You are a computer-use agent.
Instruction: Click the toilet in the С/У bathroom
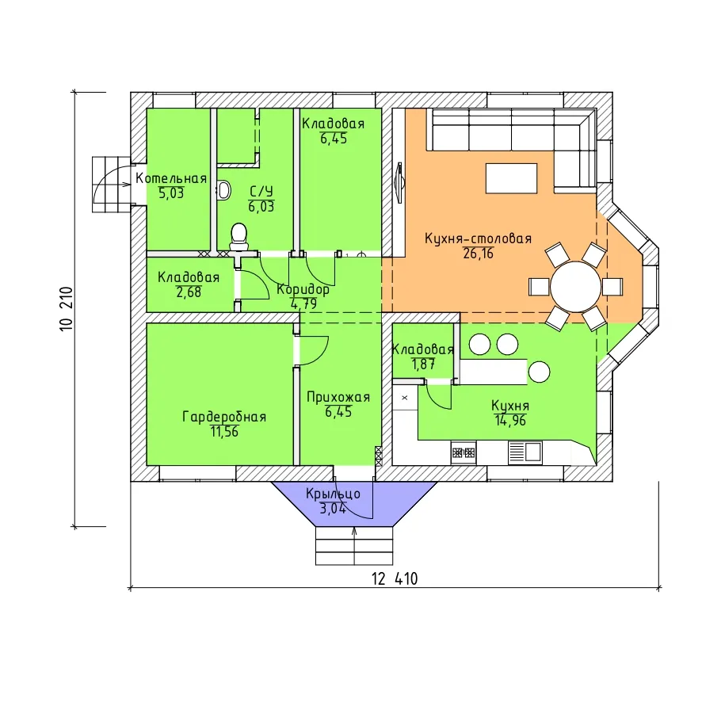point(238,237)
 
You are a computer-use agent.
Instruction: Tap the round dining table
point(575,287)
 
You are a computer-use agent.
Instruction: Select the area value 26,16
point(478,254)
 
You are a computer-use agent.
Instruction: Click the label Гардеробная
point(224,417)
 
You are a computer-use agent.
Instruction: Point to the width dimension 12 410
point(395,579)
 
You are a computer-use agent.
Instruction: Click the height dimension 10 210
point(67,309)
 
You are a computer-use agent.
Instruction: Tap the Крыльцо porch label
point(333,494)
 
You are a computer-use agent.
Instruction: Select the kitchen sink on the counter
point(525,452)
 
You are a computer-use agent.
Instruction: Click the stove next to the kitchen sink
point(464,452)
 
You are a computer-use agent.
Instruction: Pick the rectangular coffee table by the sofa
point(511,178)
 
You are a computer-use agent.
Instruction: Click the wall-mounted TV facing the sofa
point(399,183)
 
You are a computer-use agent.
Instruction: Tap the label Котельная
point(171,178)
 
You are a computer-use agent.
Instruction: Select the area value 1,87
point(423,364)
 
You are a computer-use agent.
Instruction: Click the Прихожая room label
point(338,397)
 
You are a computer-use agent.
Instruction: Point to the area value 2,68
point(189,292)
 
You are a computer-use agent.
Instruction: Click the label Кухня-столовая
point(478,238)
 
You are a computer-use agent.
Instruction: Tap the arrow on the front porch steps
point(355,546)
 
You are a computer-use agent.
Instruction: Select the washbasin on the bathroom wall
point(223,190)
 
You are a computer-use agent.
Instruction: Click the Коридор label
point(303,289)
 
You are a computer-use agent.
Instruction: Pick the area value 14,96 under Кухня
point(510,421)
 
